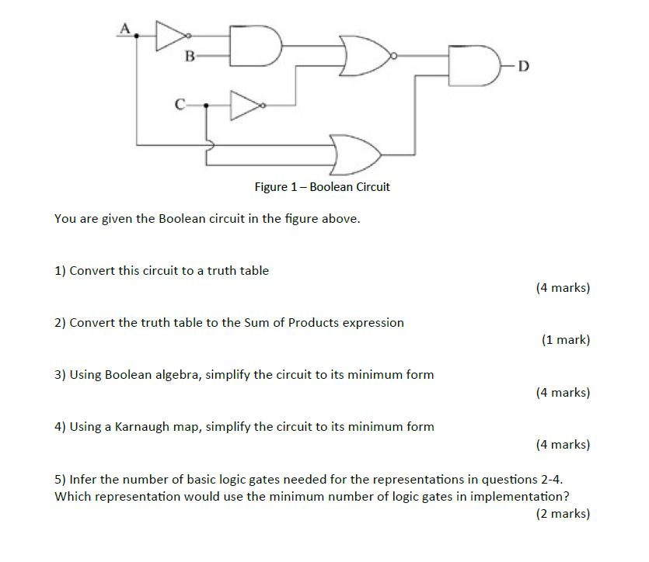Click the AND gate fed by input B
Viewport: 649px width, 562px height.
(257, 45)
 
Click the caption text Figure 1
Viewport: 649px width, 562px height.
(322, 187)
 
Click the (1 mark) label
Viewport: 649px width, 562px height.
(565, 340)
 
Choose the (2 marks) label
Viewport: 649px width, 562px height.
(562, 513)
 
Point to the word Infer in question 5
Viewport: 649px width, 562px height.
(83, 480)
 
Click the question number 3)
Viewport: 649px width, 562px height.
(61, 375)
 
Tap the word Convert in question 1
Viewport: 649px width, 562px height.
(92, 271)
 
